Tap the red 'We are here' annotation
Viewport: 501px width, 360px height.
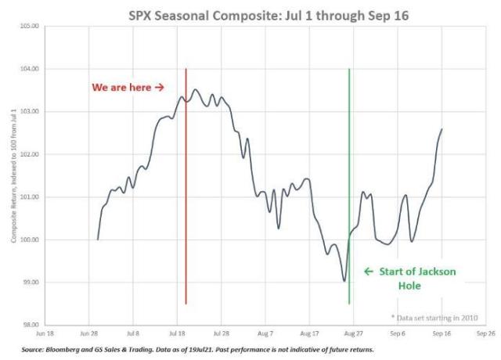pyautogui.click(x=128, y=87)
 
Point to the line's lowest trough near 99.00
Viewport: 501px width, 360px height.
pyautogui.click(x=344, y=280)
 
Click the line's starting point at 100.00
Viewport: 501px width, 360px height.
pyautogui.click(x=98, y=239)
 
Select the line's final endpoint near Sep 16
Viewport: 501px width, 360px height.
pyautogui.click(x=442, y=130)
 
